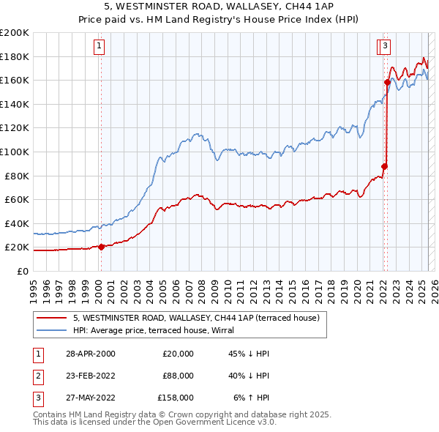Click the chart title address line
click(219, 7)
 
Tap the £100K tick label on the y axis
click(15, 152)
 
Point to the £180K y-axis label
click(15, 56)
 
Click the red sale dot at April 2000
click(102, 247)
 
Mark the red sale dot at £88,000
click(384, 166)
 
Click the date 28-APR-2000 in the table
click(91, 354)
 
